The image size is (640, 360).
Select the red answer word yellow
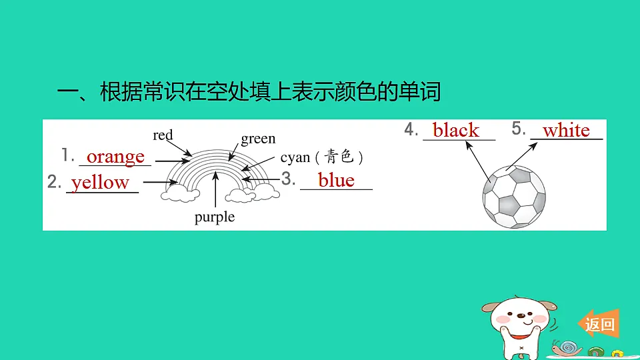coord(100,183)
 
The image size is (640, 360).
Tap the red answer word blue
coord(336,180)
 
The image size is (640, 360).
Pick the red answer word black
coord(456,130)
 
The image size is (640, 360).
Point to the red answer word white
coord(566,131)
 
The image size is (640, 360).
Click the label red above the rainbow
coord(163,135)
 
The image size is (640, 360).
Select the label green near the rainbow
coord(258,139)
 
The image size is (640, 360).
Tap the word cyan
coord(295,157)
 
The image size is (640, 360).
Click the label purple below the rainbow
coord(215,217)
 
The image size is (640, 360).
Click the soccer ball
coord(514,196)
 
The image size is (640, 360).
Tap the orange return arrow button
coord(599,324)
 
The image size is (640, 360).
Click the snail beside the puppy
coord(567,348)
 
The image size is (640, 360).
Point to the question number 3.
coord(288,179)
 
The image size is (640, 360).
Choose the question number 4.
coord(411,129)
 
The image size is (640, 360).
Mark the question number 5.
coord(519,129)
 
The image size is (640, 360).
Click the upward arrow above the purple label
coord(215,189)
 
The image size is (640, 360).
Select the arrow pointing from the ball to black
coord(478,161)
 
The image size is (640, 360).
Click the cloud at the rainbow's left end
coord(180,194)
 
